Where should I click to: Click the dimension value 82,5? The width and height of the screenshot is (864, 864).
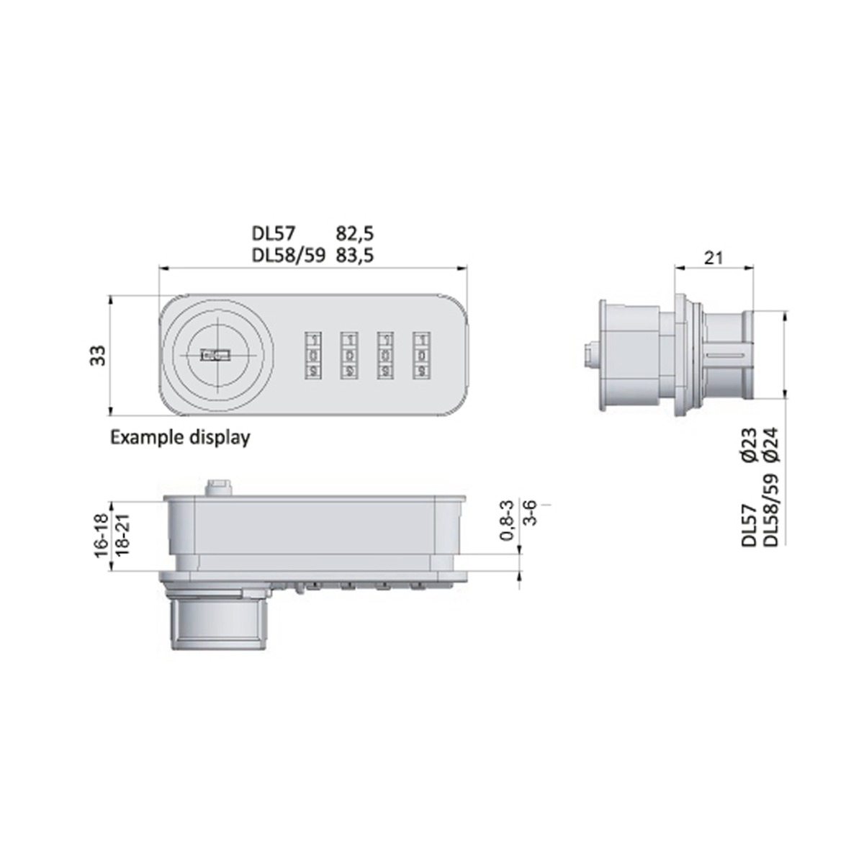[x=355, y=233]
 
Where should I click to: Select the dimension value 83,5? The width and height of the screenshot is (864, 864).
[x=355, y=254]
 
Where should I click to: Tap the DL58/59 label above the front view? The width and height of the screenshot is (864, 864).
[x=289, y=254]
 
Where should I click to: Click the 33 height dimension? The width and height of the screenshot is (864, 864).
[x=98, y=355]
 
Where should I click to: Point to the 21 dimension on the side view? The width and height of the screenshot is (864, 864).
[x=713, y=257]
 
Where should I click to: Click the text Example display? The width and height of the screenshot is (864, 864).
[x=179, y=437]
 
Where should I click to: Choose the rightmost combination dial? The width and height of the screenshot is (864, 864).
[x=419, y=355]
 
